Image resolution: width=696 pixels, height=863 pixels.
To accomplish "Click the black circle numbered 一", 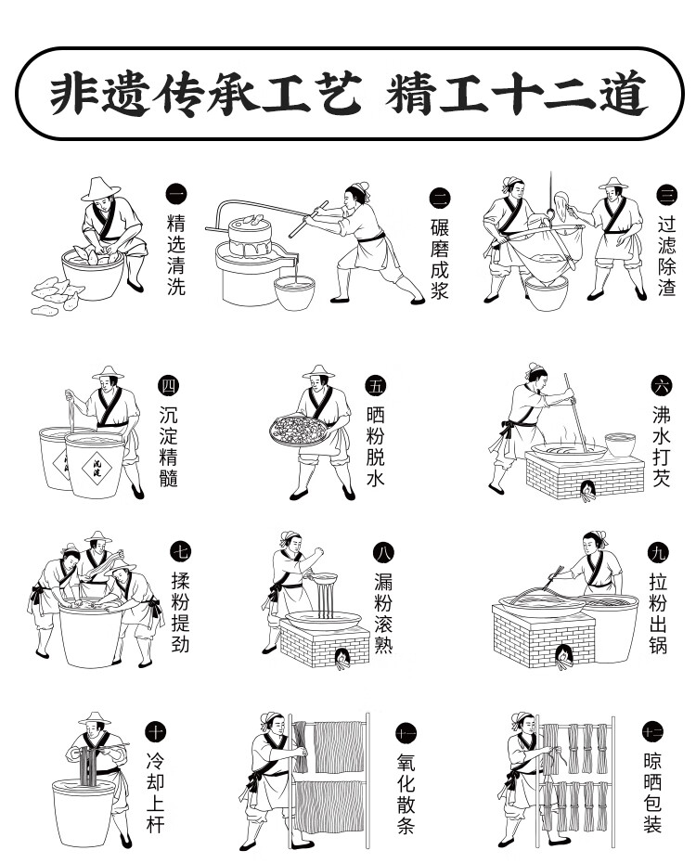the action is [x=176, y=195].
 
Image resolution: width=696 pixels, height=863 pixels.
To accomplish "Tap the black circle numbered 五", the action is [x=376, y=386].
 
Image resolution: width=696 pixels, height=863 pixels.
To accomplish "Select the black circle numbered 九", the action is [x=659, y=552].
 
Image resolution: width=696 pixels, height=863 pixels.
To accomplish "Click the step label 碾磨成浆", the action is [x=440, y=259].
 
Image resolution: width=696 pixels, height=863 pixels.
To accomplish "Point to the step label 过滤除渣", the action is [x=667, y=256].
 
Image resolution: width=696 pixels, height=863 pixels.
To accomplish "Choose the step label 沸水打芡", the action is [x=661, y=446].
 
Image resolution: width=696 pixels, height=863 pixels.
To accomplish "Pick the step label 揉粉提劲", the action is [x=180, y=612].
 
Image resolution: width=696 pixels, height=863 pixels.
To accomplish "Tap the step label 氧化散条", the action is [x=406, y=793].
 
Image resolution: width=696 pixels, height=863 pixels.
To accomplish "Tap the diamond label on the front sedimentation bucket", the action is [x=97, y=469].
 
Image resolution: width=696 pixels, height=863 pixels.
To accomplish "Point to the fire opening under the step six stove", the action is [x=588, y=490].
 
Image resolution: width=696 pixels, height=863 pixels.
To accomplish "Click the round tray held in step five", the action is [x=299, y=431].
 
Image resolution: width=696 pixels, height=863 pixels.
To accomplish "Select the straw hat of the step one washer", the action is [x=100, y=188].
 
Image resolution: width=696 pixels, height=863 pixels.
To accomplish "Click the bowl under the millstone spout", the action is [x=295, y=292].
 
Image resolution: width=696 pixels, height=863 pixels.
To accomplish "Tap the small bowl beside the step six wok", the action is [x=620, y=444].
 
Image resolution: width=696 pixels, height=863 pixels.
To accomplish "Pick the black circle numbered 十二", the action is [x=653, y=732].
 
